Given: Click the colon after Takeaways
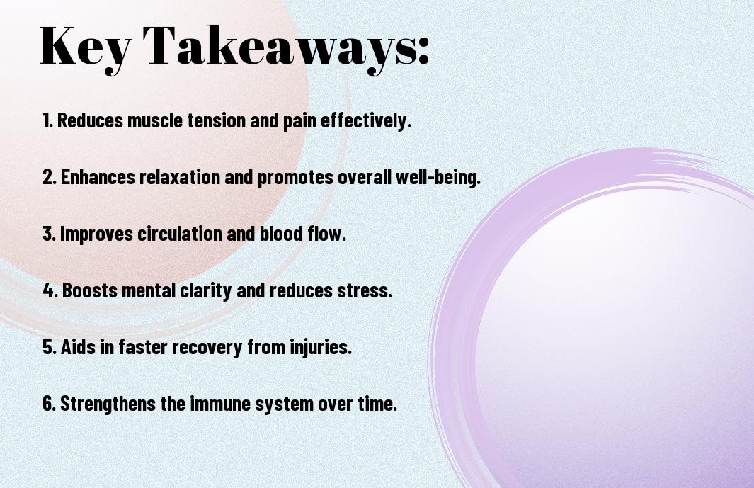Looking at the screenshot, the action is pyautogui.click(x=423, y=50).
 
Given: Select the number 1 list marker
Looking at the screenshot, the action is pyautogui.click(x=47, y=120).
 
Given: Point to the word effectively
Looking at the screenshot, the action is pyautogui.click(x=365, y=120).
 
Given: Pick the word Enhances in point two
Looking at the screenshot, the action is pyautogui.click(x=98, y=177).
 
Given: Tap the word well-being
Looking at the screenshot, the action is pyautogui.click(x=438, y=177).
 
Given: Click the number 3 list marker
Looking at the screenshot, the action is pyautogui.click(x=49, y=234).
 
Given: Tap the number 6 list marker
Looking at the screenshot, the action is pyautogui.click(x=50, y=404).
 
